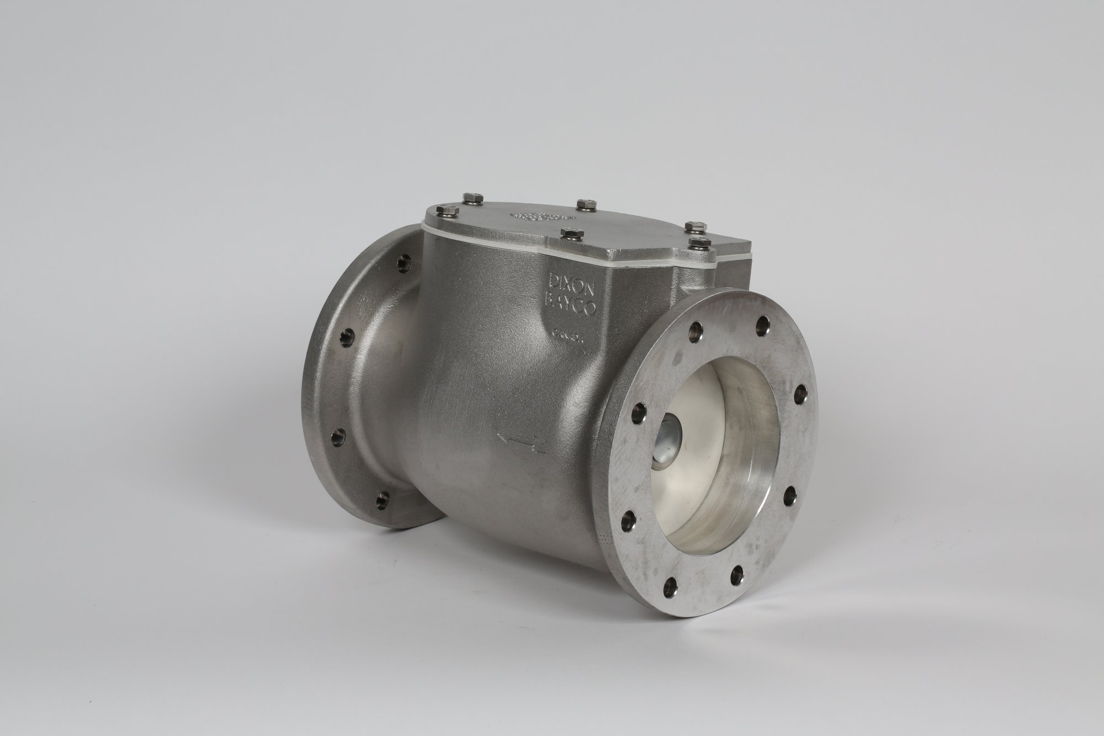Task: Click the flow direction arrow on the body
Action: (521, 440)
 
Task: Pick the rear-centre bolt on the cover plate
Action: (583, 205)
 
